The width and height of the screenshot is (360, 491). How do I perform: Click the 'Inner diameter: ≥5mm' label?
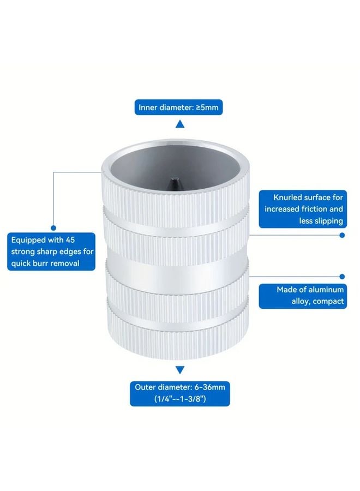(178, 107)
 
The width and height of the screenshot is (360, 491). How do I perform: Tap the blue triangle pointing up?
(179, 124)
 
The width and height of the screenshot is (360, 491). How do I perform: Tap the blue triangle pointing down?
(179, 370)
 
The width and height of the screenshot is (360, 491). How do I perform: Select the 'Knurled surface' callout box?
(303, 209)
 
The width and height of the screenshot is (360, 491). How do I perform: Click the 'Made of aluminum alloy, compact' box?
(303, 295)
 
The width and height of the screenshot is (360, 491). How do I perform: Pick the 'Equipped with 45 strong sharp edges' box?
(51, 252)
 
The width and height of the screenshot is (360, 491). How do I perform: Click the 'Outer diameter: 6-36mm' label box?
(180, 393)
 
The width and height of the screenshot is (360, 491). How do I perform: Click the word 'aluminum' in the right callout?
(326, 290)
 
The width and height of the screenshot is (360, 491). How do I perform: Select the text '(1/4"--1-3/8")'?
(180, 399)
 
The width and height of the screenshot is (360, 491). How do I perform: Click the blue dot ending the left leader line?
(53, 228)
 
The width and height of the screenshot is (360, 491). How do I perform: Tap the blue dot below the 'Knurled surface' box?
(342, 235)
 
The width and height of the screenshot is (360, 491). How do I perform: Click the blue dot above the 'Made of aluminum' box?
(342, 277)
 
